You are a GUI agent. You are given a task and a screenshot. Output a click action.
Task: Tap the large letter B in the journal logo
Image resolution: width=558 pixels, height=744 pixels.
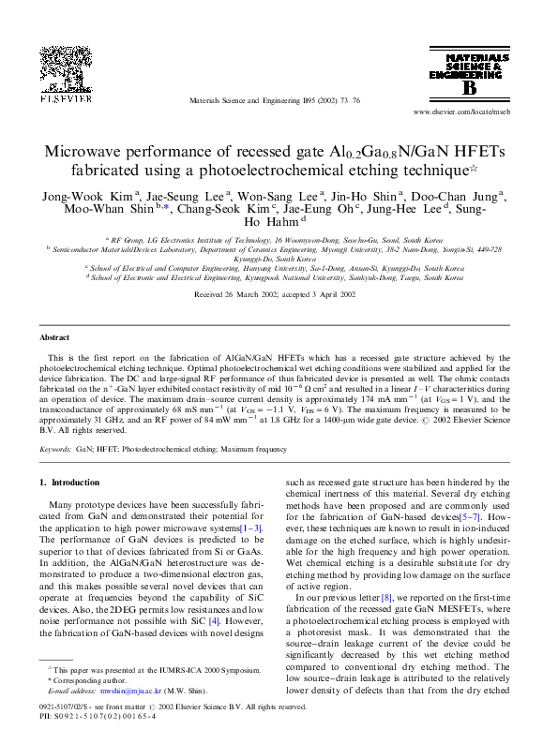click(468, 87)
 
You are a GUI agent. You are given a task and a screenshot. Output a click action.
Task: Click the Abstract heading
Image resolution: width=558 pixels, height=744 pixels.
click(53, 336)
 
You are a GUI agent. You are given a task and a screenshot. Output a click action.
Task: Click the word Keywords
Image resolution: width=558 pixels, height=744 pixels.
click(54, 450)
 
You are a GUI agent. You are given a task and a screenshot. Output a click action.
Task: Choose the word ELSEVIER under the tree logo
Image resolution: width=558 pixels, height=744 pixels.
click(66, 97)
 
